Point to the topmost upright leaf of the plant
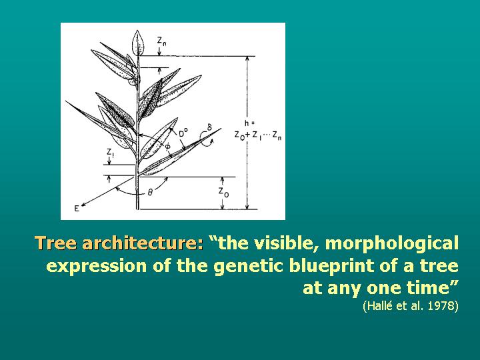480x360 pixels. tap(139, 43)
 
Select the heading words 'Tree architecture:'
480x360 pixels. tap(119, 243)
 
